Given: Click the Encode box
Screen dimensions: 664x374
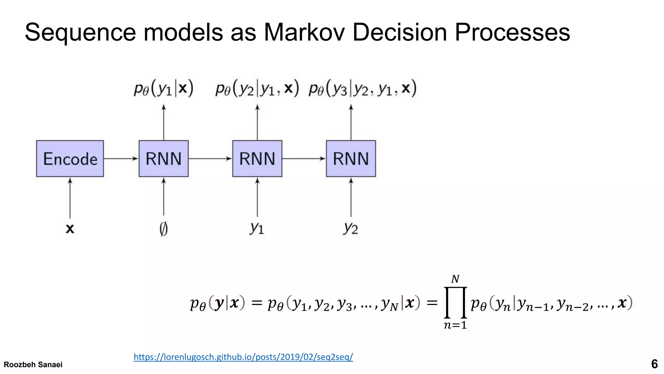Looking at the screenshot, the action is tap(70, 159).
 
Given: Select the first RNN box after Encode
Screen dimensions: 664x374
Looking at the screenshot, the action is tap(163, 159).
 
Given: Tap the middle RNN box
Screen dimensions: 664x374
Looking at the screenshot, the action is tap(257, 159).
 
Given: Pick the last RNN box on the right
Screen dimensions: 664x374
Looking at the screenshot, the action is tap(351, 159).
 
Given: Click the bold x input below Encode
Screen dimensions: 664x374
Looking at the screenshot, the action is tap(70, 229).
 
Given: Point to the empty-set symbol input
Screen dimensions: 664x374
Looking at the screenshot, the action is tap(163, 229).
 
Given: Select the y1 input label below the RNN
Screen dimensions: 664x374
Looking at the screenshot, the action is tap(257, 228).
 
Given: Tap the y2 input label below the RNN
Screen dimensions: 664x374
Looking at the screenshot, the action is tap(350, 228).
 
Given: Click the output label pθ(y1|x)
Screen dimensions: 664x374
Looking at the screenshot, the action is tap(163, 88).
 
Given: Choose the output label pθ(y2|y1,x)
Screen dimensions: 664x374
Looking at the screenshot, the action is tap(257, 88).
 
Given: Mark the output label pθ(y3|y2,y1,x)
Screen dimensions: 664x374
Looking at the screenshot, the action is tap(362, 88).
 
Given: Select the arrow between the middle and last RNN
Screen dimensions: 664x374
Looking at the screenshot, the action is tap(304, 159).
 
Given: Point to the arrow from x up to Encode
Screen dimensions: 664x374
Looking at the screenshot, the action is tap(70, 198).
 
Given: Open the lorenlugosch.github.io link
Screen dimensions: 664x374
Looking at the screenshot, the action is tap(243, 357).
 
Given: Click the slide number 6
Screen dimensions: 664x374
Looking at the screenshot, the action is tap(654, 364).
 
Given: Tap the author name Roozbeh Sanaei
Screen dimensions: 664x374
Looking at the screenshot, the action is tap(33, 365).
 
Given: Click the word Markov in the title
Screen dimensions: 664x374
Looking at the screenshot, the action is tap(304, 32).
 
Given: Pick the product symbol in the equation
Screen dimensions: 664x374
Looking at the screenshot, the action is tap(455, 303).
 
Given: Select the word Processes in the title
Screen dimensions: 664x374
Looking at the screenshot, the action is tap(512, 32).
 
